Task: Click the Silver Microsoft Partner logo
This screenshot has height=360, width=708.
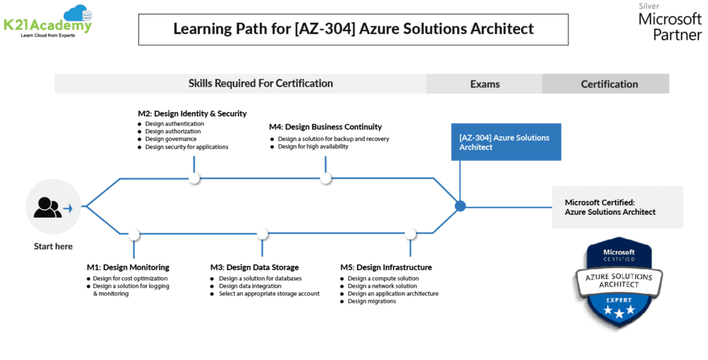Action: point(669,22)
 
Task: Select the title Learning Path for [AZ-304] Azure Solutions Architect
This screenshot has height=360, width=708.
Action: point(353,29)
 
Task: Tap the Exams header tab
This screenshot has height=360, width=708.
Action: point(484,84)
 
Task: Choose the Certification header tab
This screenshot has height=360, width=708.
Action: point(608,84)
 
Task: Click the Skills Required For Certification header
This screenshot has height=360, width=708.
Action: point(261,84)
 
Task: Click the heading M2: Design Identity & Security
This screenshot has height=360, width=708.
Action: point(192,113)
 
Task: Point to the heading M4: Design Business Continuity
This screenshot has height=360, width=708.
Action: point(325,126)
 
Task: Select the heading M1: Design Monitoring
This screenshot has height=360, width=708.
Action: point(128,267)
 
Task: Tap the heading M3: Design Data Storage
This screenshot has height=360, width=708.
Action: point(254,267)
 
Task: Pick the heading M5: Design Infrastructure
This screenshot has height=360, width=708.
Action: point(386,267)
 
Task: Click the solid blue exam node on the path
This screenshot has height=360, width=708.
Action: point(460,205)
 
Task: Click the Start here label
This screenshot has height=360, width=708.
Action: point(53,247)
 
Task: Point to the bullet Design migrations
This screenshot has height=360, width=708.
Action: point(371,301)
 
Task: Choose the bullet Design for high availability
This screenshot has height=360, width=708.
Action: point(313,146)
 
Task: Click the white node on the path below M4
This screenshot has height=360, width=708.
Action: point(326,178)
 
